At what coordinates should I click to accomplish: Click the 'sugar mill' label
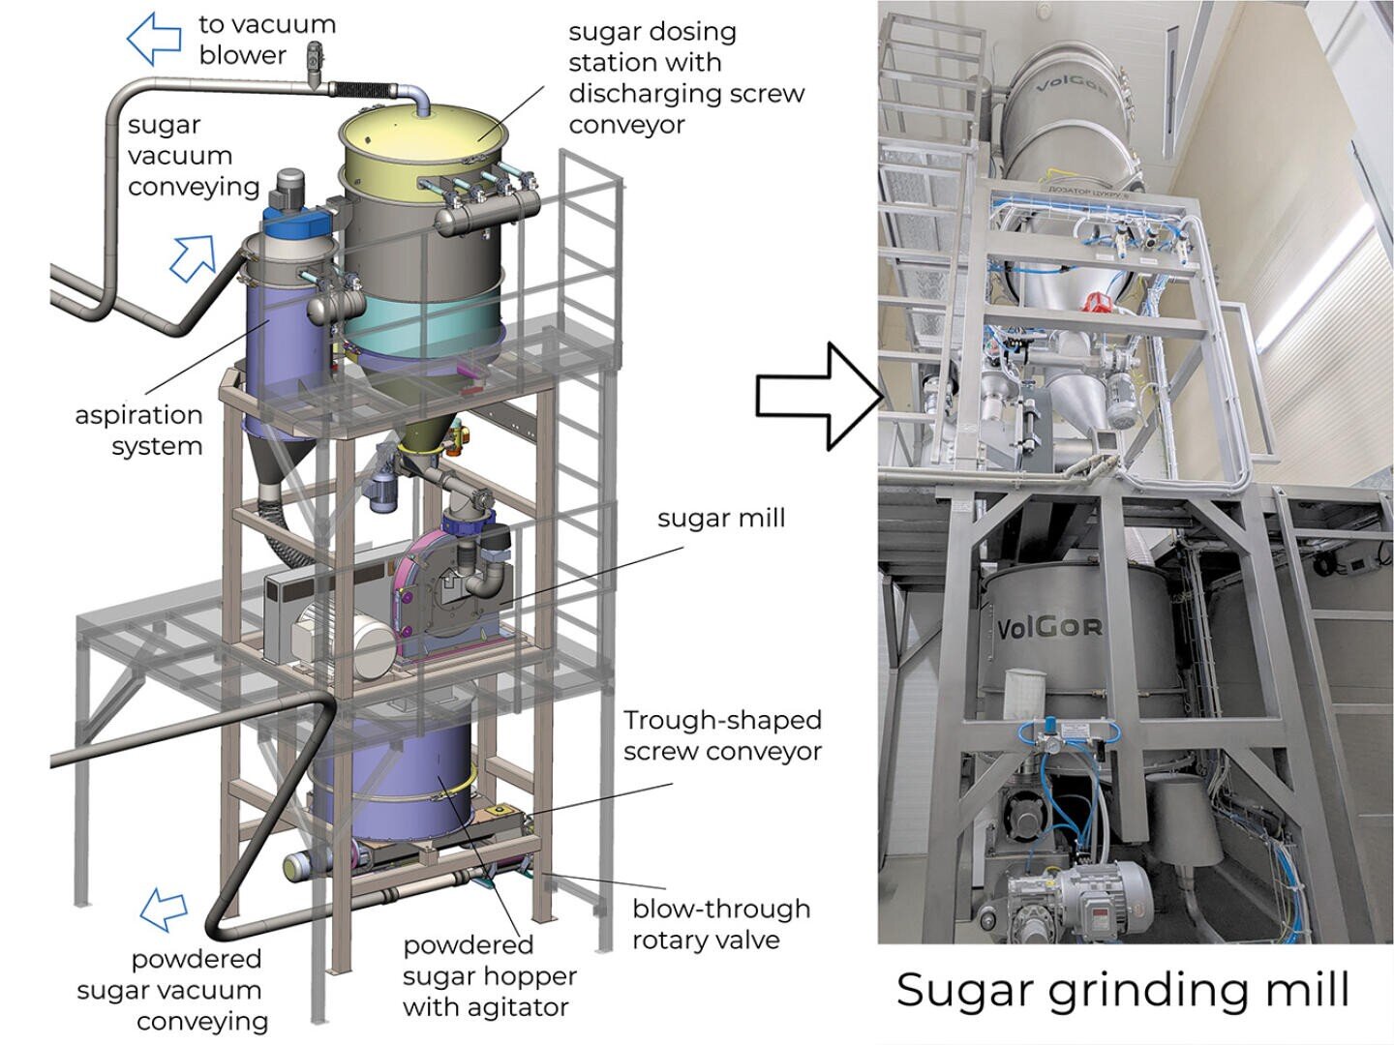coord(720,519)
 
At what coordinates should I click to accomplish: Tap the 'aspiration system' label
coord(139,431)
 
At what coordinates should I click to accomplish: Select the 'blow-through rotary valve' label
coord(720,924)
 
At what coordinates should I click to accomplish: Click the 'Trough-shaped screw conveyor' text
coord(722,735)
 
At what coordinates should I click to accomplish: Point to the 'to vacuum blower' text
coord(266,39)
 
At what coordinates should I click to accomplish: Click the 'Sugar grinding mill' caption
coord(1123,990)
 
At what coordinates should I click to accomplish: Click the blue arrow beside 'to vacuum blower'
coord(155,39)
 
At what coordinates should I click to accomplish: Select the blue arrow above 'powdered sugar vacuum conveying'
coord(164,909)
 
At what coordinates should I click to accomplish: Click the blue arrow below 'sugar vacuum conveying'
coord(193,257)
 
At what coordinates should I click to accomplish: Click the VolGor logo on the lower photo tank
coord(1049,628)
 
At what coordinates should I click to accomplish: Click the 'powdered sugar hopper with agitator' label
coord(488,975)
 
